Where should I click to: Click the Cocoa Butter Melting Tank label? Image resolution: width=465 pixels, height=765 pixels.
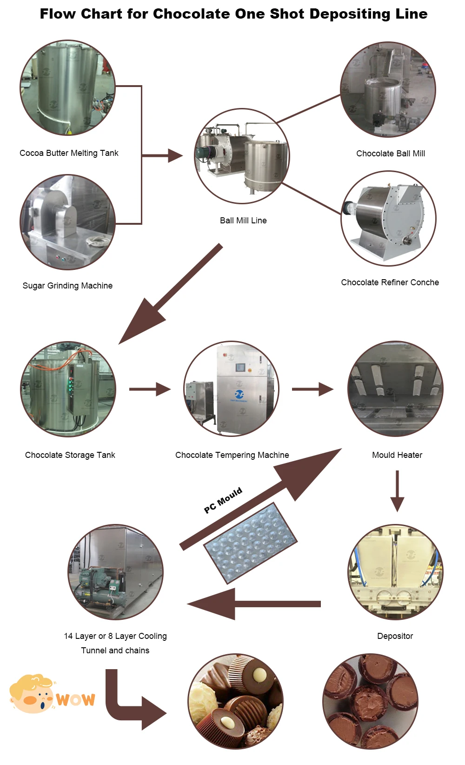pos(69,153)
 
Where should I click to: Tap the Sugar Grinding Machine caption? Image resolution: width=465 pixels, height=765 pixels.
pos(67,286)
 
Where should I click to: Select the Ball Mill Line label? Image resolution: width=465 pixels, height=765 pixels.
pos(243,220)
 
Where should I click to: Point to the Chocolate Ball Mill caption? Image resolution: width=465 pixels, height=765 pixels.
pos(391,154)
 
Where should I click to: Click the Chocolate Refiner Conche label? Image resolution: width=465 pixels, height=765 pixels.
pos(390,282)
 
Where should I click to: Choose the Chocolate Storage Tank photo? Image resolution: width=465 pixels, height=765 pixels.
pos(68,389)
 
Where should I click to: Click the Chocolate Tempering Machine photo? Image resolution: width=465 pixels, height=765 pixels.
pos(232,389)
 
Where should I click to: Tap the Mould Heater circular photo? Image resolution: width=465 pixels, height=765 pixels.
pos(395,389)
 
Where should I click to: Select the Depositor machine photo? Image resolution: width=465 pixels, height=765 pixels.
pos(395,572)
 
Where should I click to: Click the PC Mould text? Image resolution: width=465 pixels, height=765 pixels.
pos(223,500)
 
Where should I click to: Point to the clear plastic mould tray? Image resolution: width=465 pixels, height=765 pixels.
pos(251,543)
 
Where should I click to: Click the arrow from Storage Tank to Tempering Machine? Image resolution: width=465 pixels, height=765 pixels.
pos(150,389)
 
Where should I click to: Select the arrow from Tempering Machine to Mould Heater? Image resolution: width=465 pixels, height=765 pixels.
pos(312,389)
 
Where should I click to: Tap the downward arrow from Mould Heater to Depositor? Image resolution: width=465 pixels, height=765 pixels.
pos(397,491)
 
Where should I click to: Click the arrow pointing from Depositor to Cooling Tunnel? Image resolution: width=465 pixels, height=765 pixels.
pos(254,604)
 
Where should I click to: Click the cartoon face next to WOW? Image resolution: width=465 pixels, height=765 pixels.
pos(31,693)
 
